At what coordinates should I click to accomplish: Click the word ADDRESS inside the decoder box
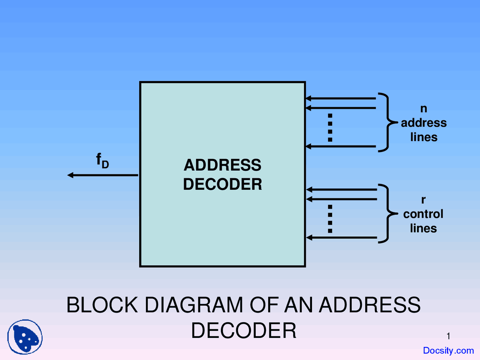[x=222, y=165]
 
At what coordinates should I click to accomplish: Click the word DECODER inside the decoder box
[x=222, y=184]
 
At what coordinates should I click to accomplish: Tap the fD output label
[x=102, y=160]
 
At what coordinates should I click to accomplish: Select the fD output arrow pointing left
[x=103, y=175]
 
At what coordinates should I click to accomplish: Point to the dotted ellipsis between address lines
[x=330, y=127]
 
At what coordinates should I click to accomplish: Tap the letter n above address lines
[x=423, y=108]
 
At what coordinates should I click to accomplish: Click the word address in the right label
[x=424, y=123]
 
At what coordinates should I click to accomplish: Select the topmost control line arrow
[x=341, y=190]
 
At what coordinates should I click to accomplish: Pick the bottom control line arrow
[x=341, y=237]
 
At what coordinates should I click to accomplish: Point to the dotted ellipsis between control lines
[x=330, y=219]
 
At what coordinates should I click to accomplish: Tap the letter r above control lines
[x=423, y=200]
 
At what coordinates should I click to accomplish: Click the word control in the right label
[x=423, y=214]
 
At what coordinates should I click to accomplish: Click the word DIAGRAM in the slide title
[x=193, y=305]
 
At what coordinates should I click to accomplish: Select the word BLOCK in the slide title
[x=102, y=305]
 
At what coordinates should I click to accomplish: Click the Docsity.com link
[x=448, y=351]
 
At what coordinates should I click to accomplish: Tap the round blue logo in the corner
[x=25, y=337]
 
